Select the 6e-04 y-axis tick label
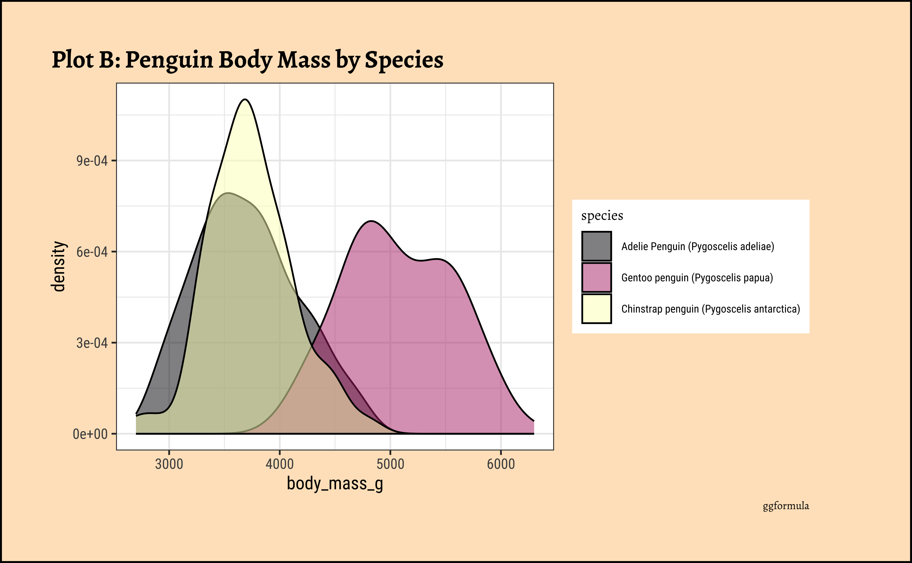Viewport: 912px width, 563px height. tap(92, 252)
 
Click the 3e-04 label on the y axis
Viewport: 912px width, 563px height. tap(92, 343)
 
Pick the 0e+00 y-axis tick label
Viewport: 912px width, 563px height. tap(90, 434)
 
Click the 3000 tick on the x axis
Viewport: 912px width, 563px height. tap(169, 464)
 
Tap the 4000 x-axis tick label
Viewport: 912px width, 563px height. tap(279, 464)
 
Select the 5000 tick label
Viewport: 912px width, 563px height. tap(390, 464)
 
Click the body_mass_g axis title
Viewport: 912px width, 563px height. tap(335, 484)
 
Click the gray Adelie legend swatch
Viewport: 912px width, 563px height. tap(596, 246)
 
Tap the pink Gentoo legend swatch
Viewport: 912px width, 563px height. tap(596, 277)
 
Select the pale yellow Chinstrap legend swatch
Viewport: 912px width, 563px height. tap(596, 309)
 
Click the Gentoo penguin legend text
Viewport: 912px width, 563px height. tap(697, 278)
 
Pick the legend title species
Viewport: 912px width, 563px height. tap(602, 216)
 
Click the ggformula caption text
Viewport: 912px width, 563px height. tap(786, 506)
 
